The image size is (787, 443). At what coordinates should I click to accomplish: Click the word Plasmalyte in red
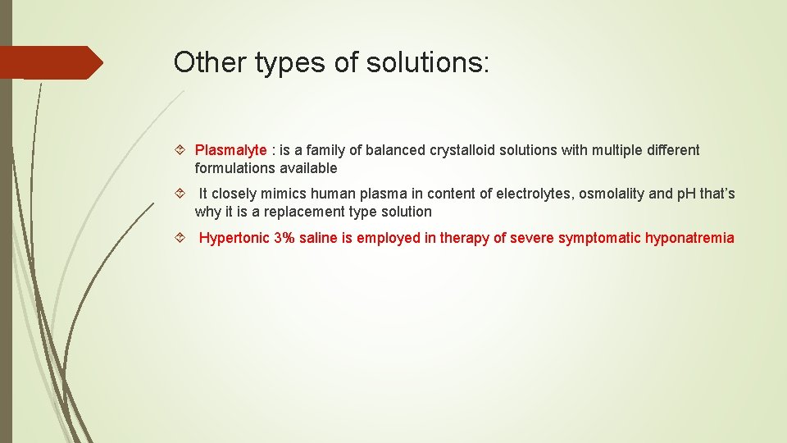coord(230,150)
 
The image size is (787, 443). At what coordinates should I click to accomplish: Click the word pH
coord(684,194)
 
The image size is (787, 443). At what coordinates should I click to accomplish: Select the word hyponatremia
coord(689,238)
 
